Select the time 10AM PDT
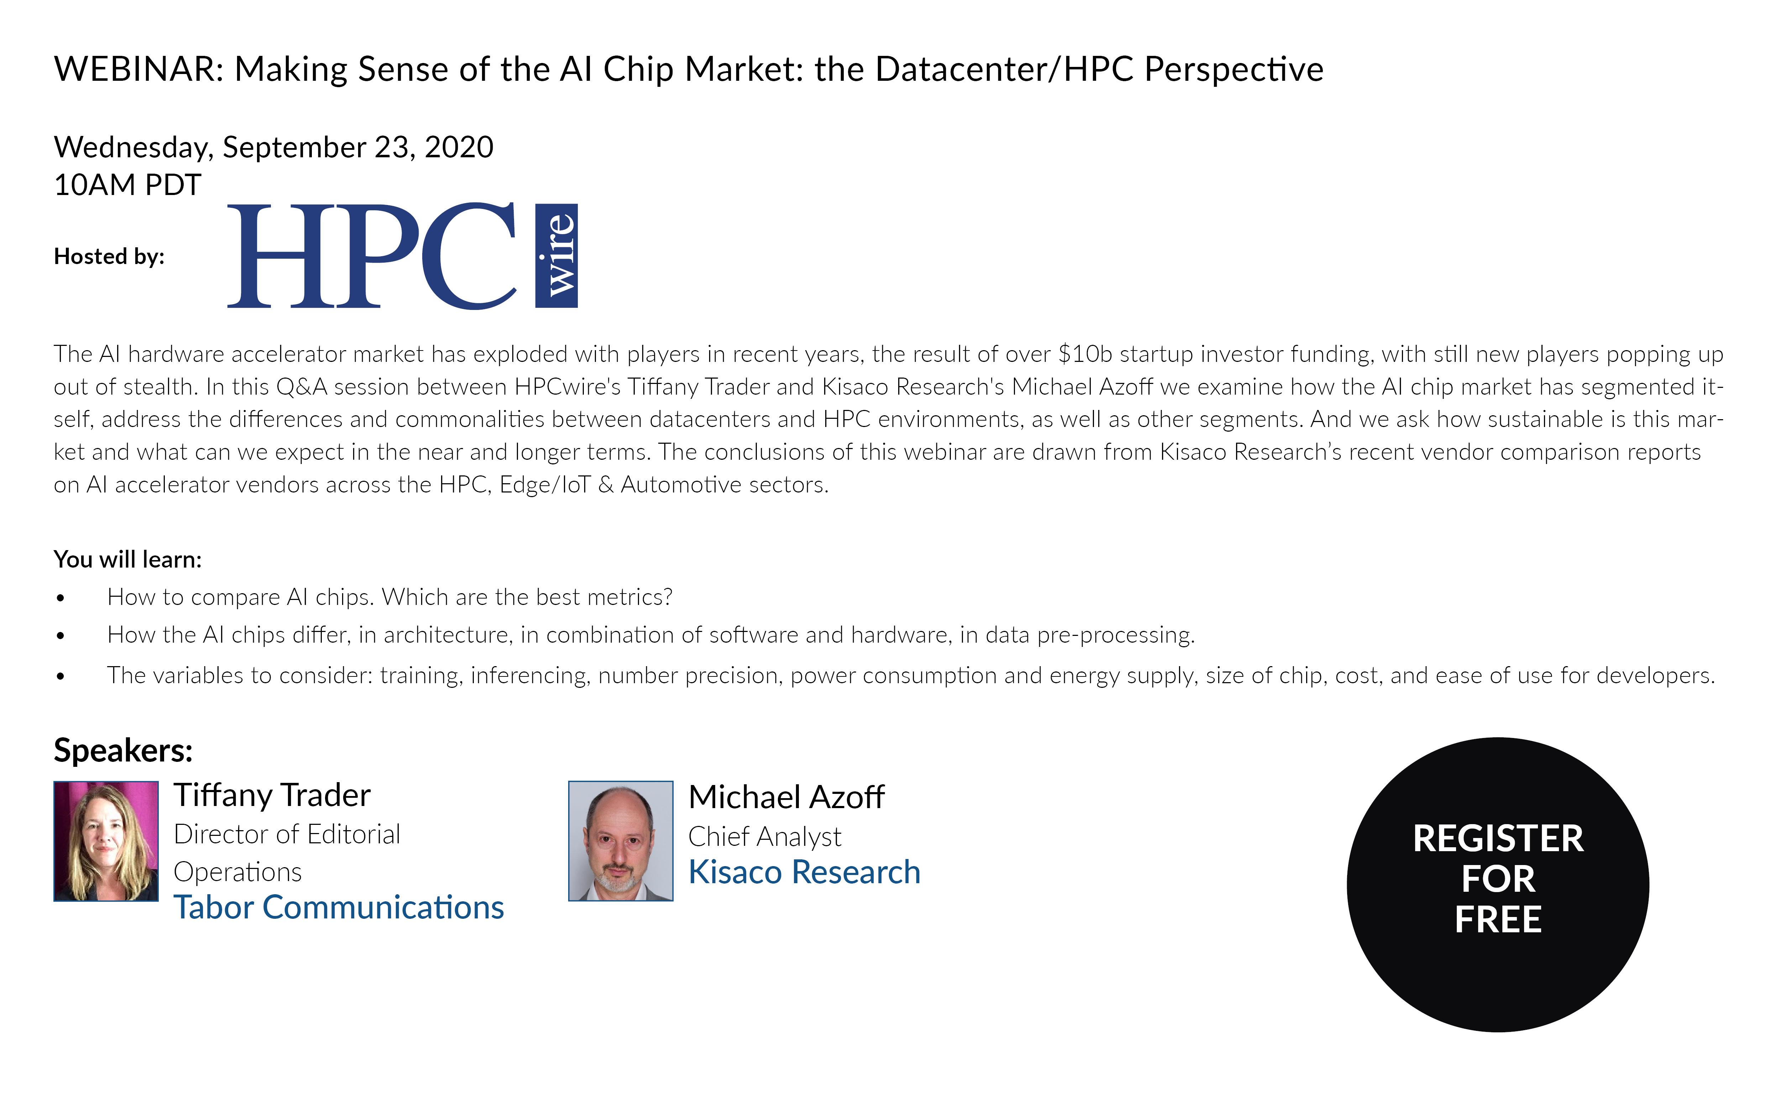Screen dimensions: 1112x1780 [127, 185]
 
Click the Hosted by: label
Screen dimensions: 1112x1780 [109, 257]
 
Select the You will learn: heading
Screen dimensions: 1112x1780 [127, 560]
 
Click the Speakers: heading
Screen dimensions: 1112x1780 [123, 751]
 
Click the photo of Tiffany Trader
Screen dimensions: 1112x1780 [106, 841]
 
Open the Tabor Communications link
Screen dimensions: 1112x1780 [338, 907]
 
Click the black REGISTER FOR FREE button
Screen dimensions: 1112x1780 [1498, 885]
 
